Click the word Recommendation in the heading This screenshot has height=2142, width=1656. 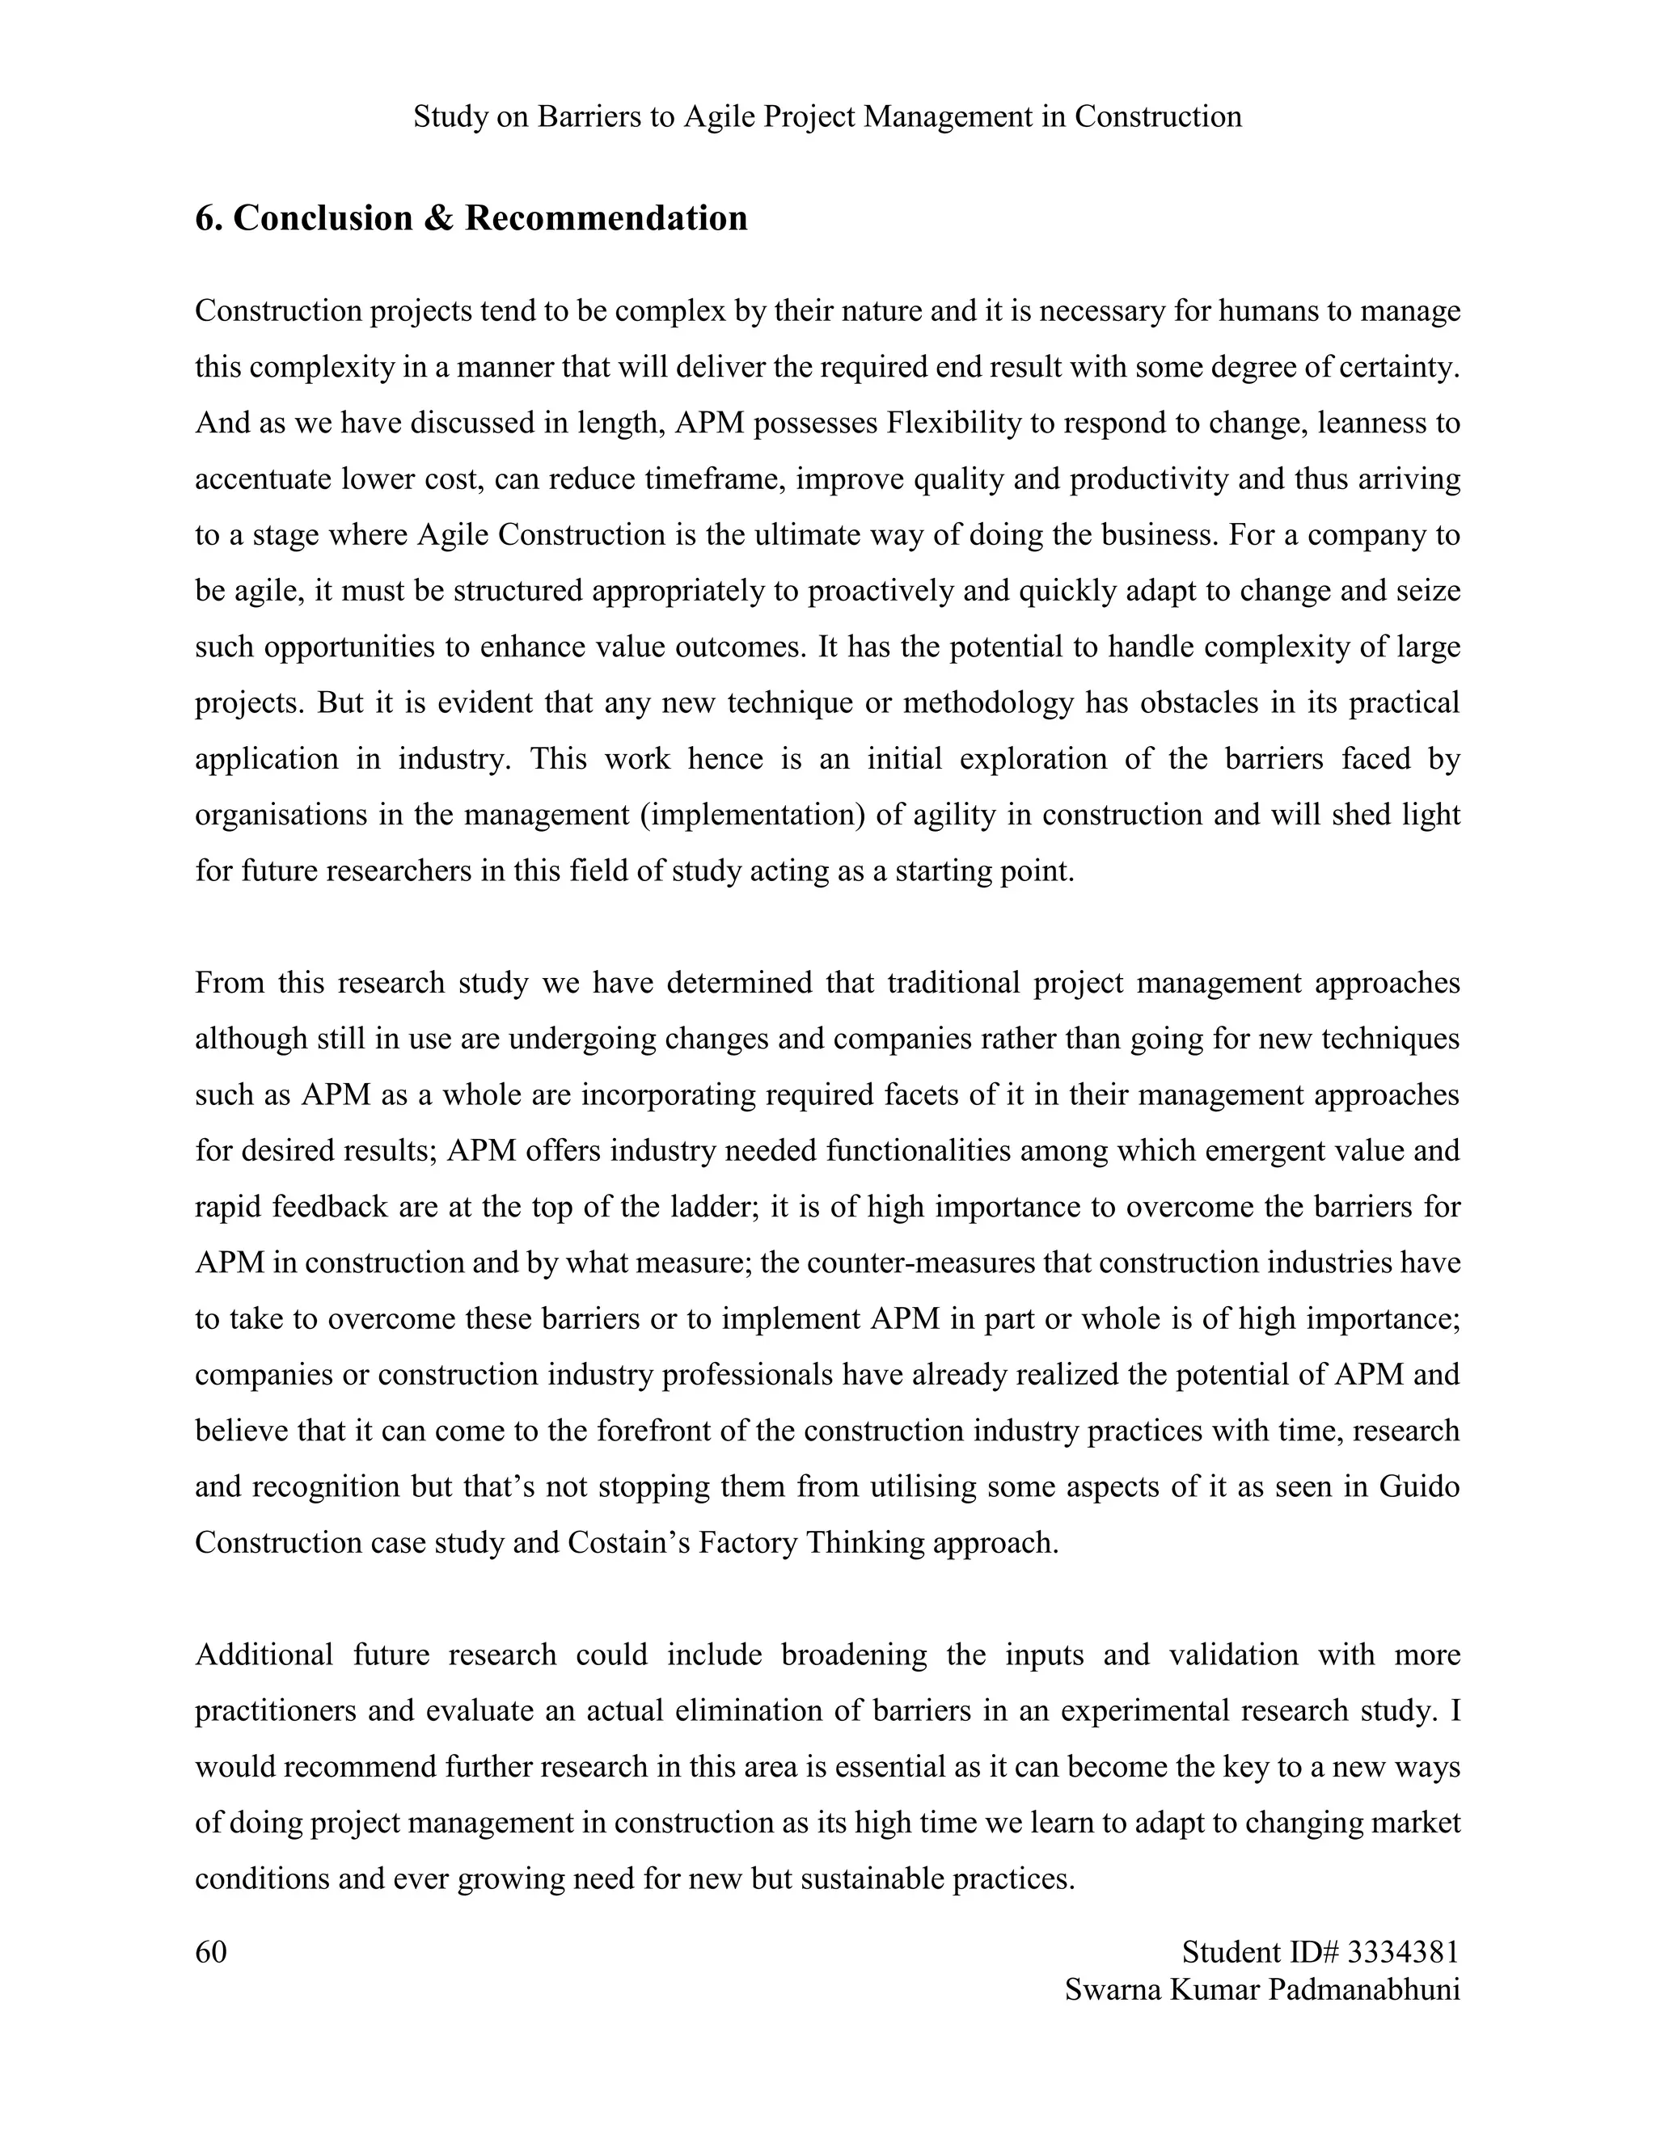pos(606,217)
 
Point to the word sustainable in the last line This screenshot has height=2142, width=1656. pos(873,1879)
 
